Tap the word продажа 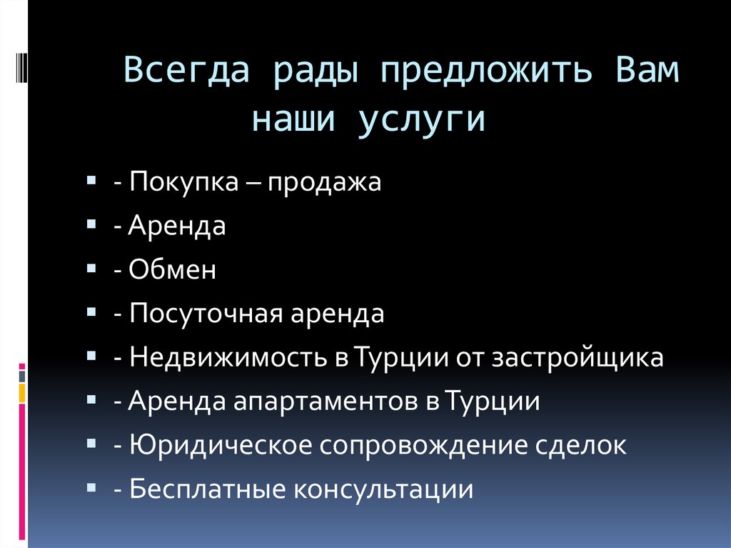click(326, 183)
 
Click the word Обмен click(173, 271)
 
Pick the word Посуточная click(206, 314)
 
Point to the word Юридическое click(221, 446)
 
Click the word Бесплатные click(208, 489)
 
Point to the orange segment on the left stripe click(21, 392)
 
